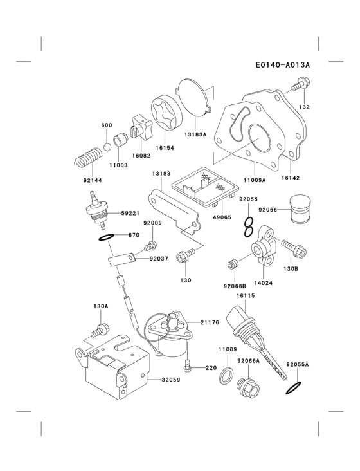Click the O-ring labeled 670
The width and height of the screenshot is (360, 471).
pos(107,237)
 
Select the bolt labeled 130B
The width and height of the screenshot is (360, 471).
pos(287,245)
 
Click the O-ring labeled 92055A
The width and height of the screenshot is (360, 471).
pos(294,387)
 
